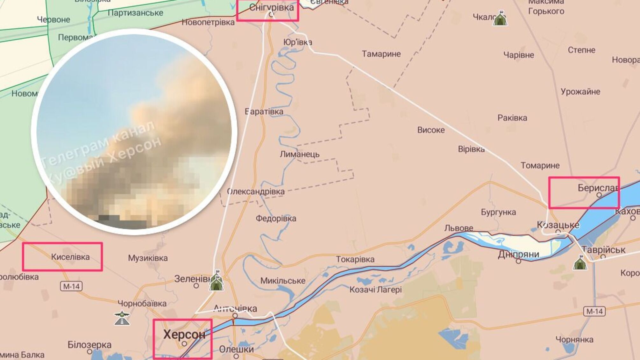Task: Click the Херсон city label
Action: [x=184, y=335]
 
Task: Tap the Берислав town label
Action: [x=598, y=188]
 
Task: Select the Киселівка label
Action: [x=70, y=257]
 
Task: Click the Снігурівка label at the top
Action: [x=271, y=7]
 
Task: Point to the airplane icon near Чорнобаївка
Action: [x=122, y=318]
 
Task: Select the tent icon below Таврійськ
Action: [x=580, y=263]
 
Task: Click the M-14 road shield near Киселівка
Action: [x=71, y=286]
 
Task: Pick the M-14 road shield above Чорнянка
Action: [x=594, y=311]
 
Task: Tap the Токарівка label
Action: [x=355, y=260]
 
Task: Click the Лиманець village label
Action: [x=299, y=155]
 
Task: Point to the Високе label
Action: [x=431, y=130]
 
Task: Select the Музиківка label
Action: [x=148, y=258]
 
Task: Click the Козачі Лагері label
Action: [x=375, y=290]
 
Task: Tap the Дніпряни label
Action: [x=518, y=254]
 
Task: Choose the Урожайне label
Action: [x=580, y=92]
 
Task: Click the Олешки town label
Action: [x=236, y=349]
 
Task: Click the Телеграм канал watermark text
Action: [x=99, y=143]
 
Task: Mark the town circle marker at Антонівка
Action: [x=235, y=316]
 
